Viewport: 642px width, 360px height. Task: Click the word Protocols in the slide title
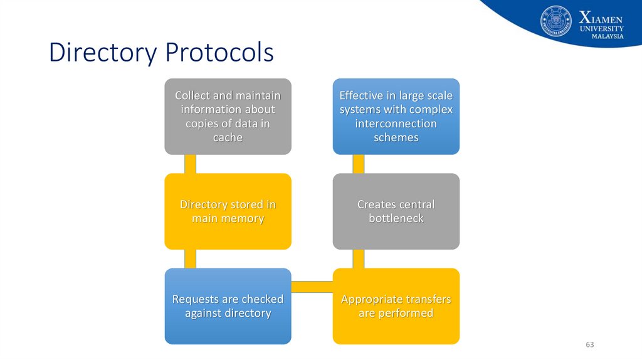tap(219, 53)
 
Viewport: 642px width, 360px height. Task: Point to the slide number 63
tap(589, 345)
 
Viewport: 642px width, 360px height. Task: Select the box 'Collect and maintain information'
tap(228, 116)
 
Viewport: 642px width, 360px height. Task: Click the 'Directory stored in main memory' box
tap(228, 211)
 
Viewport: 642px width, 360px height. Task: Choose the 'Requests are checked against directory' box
tap(228, 306)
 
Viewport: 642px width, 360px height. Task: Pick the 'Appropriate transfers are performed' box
tap(396, 306)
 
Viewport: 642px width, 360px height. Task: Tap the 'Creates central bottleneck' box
tap(396, 211)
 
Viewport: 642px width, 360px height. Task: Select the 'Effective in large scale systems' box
tap(396, 116)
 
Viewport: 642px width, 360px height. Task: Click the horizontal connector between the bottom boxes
tap(312, 287)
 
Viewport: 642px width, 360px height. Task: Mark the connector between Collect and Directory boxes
tap(190, 164)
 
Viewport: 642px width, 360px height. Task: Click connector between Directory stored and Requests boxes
tap(190, 258)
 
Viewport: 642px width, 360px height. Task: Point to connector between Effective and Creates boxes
tap(358, 164)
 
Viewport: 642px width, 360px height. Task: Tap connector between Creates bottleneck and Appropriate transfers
tap(358, 258)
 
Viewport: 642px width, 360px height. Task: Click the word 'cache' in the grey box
tap(228, 138)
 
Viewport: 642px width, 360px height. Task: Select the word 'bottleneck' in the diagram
tap(396, 219)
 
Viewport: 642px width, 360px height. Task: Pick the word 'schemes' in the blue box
tap(396, 138)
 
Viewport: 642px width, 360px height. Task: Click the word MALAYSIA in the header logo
tap(608, 36)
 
